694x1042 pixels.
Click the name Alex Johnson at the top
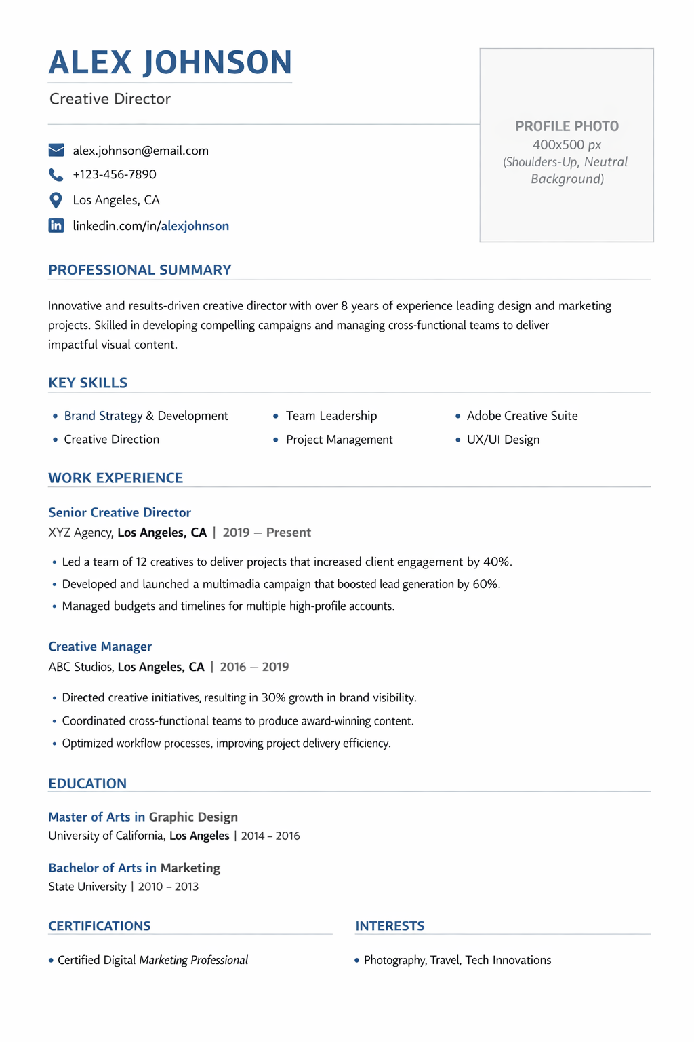click(x=170, y=62)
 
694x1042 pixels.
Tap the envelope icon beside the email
click(x=56, y=150)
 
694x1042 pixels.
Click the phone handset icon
click(x=56, y=175)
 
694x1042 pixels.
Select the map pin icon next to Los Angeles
click(x=56, y=200)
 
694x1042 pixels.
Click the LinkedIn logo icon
click(x=56, y=226)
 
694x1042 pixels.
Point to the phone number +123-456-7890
click(x=115, y=175)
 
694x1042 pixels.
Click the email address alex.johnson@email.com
click(x=141, y=151)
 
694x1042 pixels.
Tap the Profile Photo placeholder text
click(x=567, y=126)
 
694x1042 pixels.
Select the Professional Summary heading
click(x=140, y=270)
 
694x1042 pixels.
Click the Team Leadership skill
click(x=331, y=416)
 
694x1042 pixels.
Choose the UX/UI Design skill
click(x=503, y=440)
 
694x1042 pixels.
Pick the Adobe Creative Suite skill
click(x=522, y=416)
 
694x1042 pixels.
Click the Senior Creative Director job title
click(x=119, y=512)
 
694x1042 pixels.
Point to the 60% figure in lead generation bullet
click(x=486, y=584)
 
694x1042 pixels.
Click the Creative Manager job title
click(x=100, y=647)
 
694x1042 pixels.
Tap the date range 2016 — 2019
click(x=254, y=667)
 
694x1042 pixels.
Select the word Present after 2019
click(x=288, y=533)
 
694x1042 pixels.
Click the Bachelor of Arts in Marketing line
click(x=134, y=868)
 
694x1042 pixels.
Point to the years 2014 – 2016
click(x=270, y=836)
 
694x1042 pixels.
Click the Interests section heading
click(x=390, y=926)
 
